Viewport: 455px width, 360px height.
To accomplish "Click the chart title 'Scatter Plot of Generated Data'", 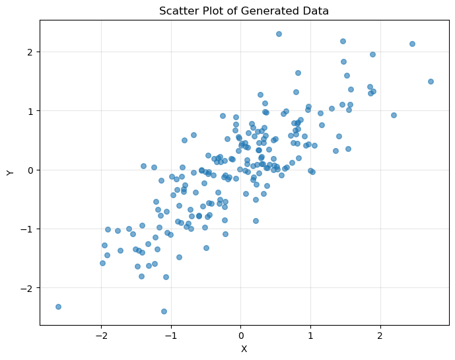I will pos(244,11).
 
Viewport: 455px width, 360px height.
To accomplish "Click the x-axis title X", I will pos(244,349).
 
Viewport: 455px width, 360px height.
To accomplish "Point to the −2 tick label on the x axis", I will pos(101,335).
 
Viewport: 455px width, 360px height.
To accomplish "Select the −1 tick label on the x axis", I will pos(171,335).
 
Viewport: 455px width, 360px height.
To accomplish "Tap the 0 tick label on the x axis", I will pos(241,335).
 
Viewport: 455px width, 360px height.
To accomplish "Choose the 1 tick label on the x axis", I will pos(310,335).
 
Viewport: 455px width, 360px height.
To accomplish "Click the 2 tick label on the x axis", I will pos(380,335).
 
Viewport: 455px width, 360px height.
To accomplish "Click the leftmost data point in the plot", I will pos(58,306).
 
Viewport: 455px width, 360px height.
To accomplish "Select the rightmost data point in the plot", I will pos(431,81).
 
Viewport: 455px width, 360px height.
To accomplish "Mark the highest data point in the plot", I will pos(279,34).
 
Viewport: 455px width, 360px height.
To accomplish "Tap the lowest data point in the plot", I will pos(164,311).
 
